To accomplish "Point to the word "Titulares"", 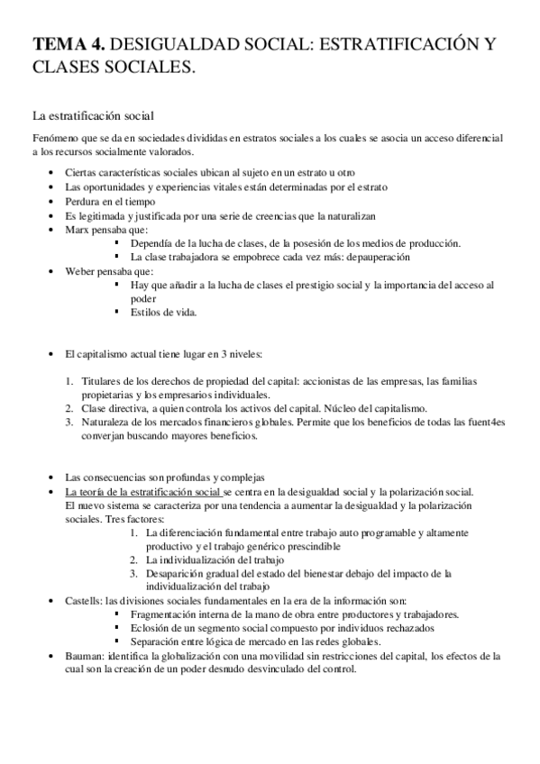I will point(101,381).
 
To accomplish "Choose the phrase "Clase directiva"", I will point(113,408).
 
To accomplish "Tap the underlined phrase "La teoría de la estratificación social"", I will point(142,491).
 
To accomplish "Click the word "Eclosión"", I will point(151,628).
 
